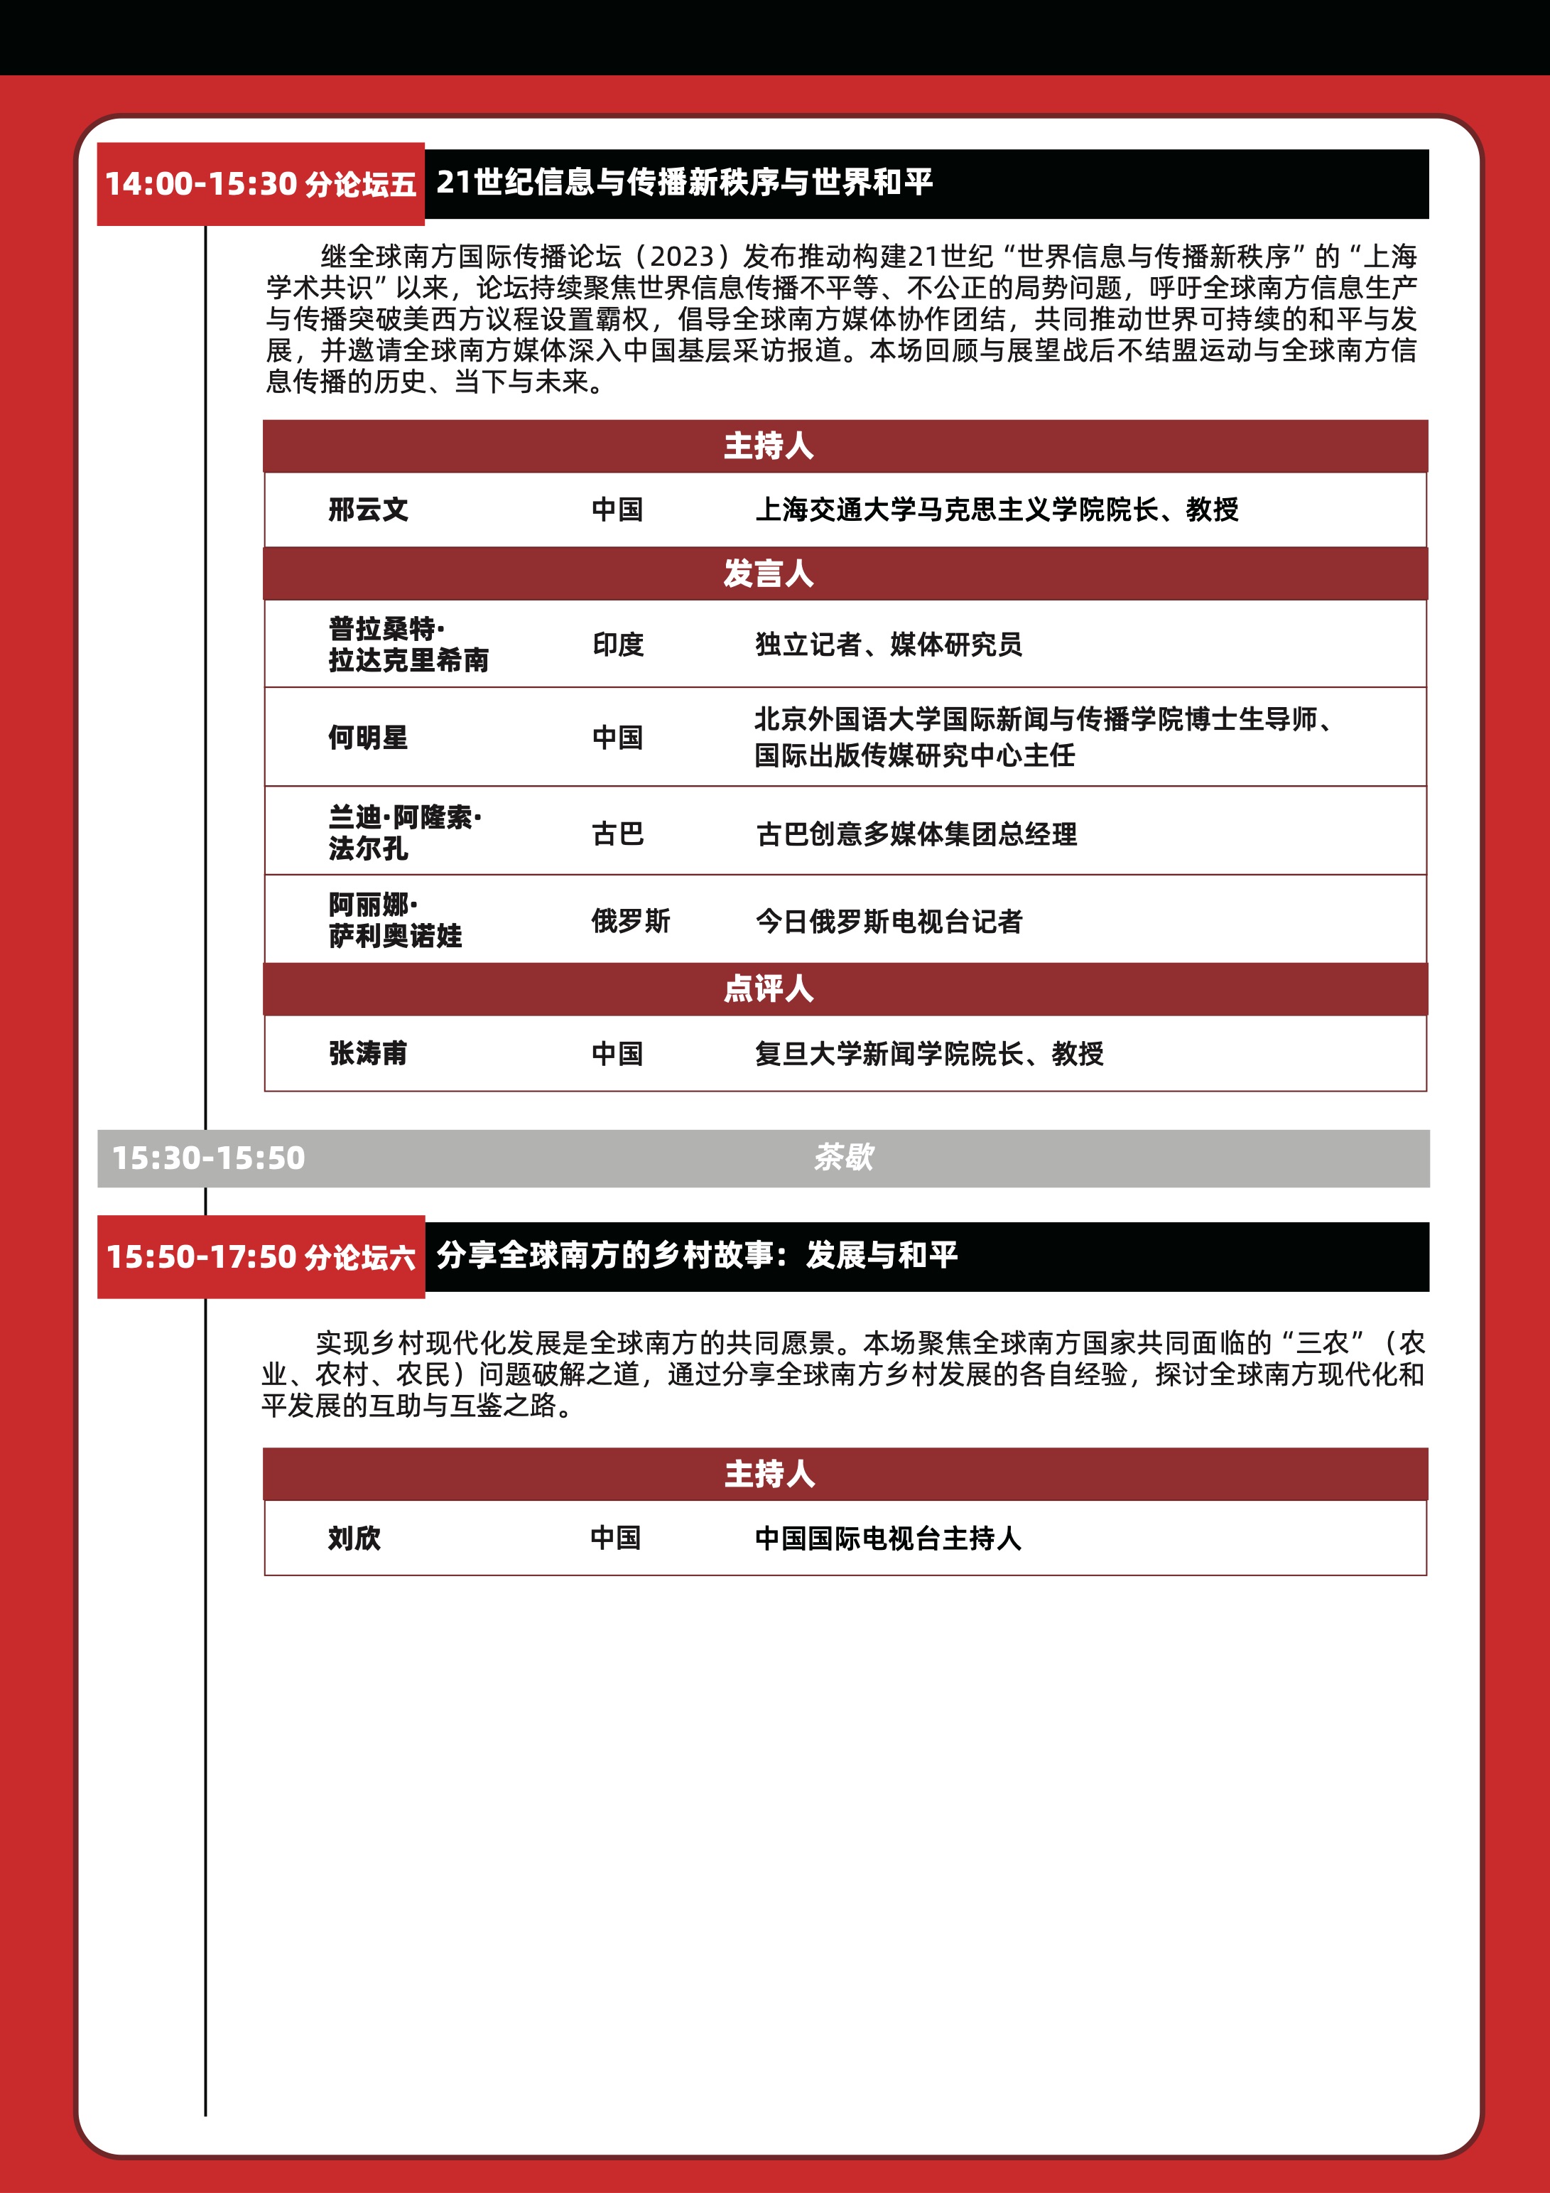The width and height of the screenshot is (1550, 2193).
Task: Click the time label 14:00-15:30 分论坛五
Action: coord(260,183)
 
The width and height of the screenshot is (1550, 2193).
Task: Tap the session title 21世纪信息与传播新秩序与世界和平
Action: coord(684,181)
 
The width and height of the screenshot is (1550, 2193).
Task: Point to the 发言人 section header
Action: coord(768,574)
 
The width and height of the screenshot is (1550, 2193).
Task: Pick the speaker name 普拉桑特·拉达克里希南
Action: coord(408,645)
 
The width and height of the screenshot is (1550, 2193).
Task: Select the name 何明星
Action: coord(368,738)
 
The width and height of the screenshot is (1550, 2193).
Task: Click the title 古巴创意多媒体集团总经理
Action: coord(916,834)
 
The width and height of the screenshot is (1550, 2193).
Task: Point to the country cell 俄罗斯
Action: coord(630,921)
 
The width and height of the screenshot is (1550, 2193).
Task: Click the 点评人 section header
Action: coord(768,988)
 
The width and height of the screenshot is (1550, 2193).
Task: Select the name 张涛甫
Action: coord(368,1054)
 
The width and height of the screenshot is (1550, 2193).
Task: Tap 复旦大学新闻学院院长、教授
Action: coord(928,1054)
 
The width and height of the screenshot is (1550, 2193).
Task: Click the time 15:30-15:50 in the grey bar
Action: coord(208,1158)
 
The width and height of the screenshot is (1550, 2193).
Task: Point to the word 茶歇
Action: coord(843,1158)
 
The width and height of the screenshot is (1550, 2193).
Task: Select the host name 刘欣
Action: coord(354,1538)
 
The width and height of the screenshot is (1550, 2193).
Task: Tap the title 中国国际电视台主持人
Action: coord(887,1538)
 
